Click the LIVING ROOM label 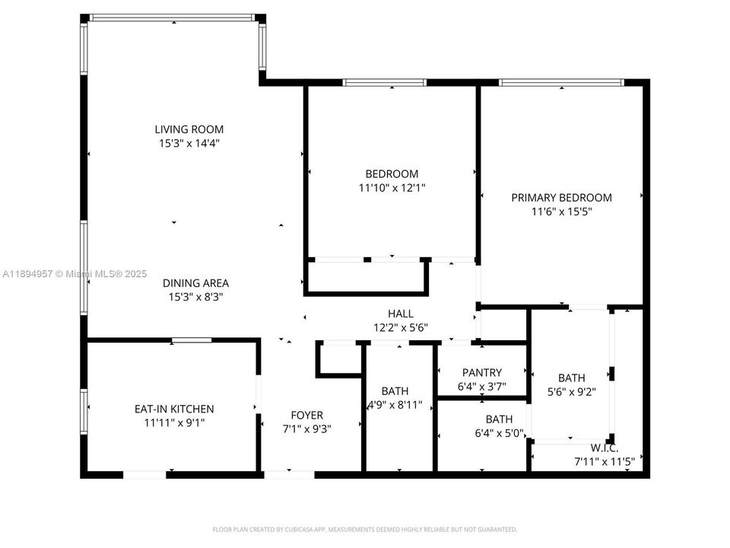(x=189, y=129)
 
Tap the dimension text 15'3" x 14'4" (x=189, y=143)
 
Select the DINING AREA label (x=195, y=283)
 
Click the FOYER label (x=307, y=415)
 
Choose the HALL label (x=401, y=314)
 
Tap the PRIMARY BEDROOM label (x=561, y=197)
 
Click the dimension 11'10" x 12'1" (x=391, y=187)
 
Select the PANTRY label (x=482, y=372)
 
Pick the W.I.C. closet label (x=604, y=448)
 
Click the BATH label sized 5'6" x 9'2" (x=572, y=378)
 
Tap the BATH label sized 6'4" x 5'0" (x=499, y=419)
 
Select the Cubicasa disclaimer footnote (x=365, y=529)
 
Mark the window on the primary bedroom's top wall (x=561, y=82)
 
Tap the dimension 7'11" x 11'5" (x=604, y=461)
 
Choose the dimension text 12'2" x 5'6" (x=401, y=327)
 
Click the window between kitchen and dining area (x=192, y=340)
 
